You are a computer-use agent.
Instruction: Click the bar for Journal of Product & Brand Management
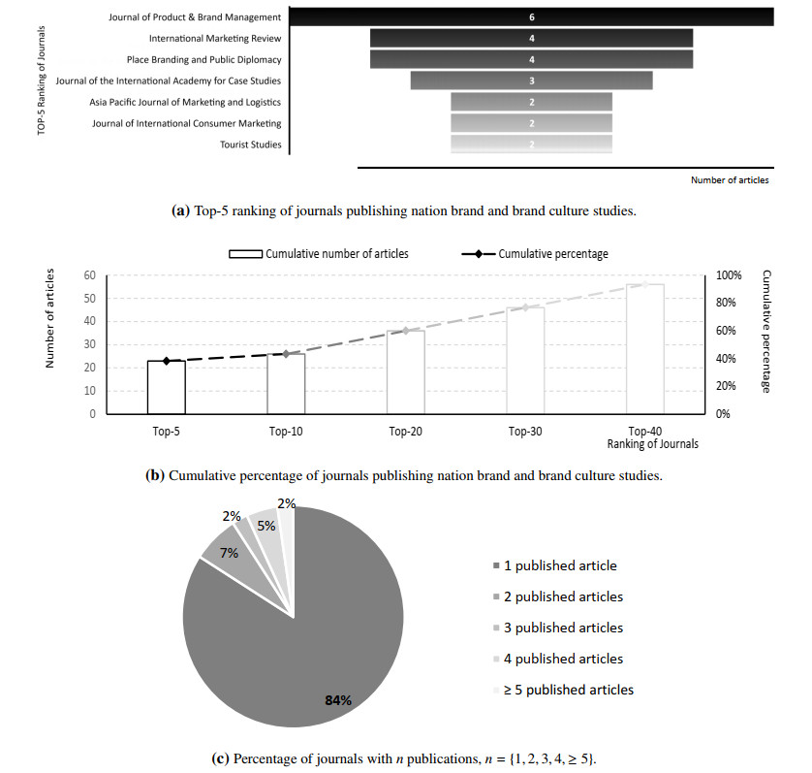coord(531,16)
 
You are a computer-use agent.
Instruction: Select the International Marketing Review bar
coord(531,38)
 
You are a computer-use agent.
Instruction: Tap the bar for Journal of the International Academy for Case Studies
coord(531,81)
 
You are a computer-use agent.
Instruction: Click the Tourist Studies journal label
coord(251,145)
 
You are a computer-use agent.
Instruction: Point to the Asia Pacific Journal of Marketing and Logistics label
coord(185,102)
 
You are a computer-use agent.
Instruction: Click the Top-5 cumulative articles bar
coord(166,387)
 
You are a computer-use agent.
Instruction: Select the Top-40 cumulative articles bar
coord(644,349)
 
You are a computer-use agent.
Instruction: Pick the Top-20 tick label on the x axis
coord(405,431)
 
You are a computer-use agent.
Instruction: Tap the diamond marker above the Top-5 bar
coord(166,361)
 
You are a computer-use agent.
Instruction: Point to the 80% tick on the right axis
coord(728,304)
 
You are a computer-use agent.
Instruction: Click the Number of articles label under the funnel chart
coord(730,180)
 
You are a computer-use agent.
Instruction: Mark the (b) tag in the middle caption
coord(155,475)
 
